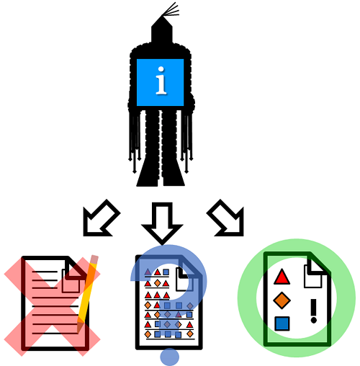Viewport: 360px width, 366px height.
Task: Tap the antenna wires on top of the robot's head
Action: tap(171, 10)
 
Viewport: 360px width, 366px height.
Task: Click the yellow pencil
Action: tap(88, 293)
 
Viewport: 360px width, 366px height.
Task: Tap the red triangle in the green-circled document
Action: tap(282, 277)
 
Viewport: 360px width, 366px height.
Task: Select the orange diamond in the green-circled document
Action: tap(282, 300)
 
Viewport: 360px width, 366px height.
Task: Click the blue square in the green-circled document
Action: tap(282, 323)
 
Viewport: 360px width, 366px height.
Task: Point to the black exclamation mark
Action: tap(313, 311)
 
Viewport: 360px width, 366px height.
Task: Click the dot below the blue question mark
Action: tap(170, 357)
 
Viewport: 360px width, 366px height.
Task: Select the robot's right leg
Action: tap(172, 148)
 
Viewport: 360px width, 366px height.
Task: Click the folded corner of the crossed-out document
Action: tap(75, 268)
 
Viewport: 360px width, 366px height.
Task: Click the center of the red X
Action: tap(53, 306)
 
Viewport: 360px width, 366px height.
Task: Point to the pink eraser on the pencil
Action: tap(94, 259)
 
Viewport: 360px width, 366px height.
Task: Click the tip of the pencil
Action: tap(78, 331)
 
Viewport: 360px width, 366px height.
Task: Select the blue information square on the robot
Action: tap(160, 82)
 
